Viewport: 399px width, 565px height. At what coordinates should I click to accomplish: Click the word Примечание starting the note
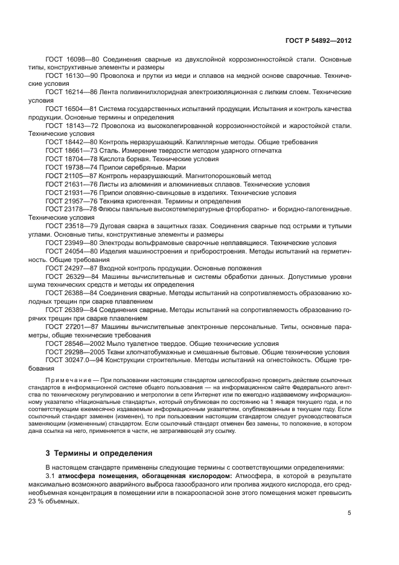pyautogui.click(x=68, y=379)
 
